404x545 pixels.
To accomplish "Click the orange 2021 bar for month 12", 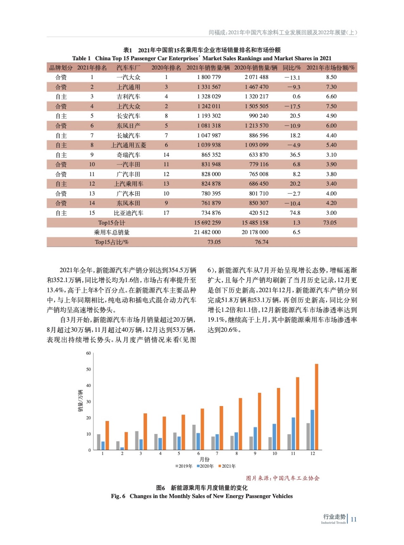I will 317,407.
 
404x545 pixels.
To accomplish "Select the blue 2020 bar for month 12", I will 312,430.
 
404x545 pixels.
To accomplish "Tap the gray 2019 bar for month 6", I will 194,437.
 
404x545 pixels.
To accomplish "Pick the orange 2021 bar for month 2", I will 126,441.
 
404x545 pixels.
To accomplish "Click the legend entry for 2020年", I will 205,466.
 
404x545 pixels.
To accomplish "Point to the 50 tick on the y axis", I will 88,369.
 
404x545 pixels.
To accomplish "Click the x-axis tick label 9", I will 255,454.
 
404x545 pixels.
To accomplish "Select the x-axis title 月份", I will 205,460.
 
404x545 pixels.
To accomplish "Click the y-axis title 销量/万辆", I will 80,401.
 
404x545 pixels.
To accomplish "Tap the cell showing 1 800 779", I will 209,77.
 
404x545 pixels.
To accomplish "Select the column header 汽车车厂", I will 128,68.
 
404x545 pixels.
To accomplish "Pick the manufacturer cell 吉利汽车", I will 128,97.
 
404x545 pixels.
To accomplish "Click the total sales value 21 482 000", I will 207,232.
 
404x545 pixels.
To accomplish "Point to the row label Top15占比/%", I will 112,242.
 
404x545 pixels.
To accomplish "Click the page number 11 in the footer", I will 354,519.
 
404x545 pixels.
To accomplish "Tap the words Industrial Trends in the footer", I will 333,523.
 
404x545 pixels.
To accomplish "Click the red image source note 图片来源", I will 283,478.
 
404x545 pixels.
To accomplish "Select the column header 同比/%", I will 292,68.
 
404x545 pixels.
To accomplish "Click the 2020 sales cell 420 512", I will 259,213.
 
